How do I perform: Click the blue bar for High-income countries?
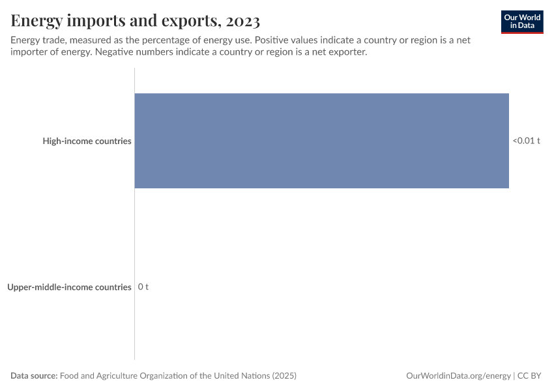click(x=321, y=141)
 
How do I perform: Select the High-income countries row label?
click(x=87, y=141)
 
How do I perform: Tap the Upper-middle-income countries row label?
click(x=69, y=287)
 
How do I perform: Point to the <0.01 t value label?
click(x=526, y=141)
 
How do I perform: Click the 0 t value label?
click(x=143, y=287)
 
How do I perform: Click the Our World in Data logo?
click(x=522, y=22)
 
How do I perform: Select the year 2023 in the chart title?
click(x=242, y=21)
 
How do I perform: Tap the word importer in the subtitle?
click(x=30, y=53)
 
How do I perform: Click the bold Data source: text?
click(x=33, y=376)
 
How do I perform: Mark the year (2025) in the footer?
click(x=284, y=376)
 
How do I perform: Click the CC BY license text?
click(x=530, y=376)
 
